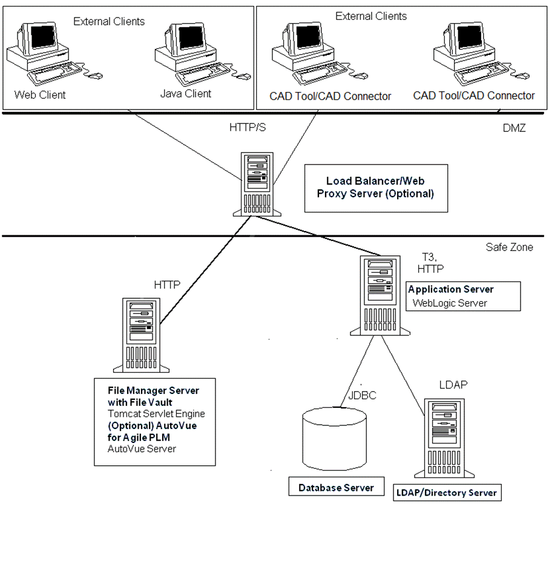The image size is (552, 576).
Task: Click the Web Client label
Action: coord(40,95)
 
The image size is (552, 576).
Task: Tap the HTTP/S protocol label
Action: coord(248,129)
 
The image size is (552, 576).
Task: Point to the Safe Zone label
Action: coord(509,247)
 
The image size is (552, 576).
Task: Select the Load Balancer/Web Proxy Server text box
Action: coord(380,188)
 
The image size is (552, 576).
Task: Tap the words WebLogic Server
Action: coord(449,303)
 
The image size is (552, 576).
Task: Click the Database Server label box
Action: coord(336,488)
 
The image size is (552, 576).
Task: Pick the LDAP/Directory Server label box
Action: coord(447,493)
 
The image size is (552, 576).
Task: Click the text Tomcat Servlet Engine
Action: coord(156,414)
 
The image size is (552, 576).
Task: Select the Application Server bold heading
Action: coord(450,290)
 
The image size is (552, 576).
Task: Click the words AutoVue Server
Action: coord(142,448)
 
